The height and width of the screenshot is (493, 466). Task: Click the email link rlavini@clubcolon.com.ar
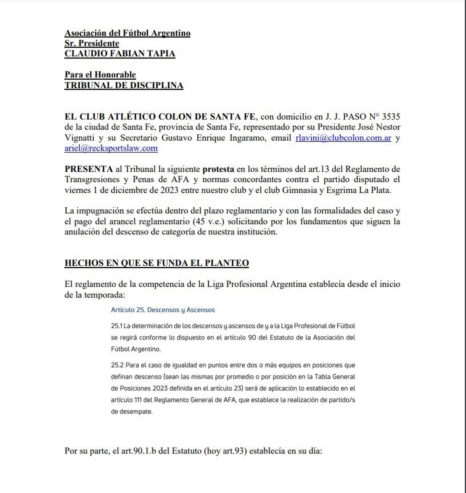[343, 138]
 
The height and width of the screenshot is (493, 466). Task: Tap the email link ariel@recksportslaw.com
[111, 148]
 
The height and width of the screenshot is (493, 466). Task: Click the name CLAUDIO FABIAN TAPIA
[120, 54]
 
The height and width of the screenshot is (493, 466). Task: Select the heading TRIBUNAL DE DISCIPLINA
[123, 85]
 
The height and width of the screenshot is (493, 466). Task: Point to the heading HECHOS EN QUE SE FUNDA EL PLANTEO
[156, 263]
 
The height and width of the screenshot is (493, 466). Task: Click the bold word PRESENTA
[89, 169]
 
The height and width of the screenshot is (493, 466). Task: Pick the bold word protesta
[218, 169]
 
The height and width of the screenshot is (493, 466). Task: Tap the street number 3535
[391, 116]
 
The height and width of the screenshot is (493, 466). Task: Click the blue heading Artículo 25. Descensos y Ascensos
[163, 310]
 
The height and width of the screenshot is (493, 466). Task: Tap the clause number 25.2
[117, 365]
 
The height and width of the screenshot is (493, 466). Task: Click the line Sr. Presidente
[92, 43]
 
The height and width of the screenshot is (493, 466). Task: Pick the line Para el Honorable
[100, 75]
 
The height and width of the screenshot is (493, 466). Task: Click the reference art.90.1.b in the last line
[149, 451]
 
